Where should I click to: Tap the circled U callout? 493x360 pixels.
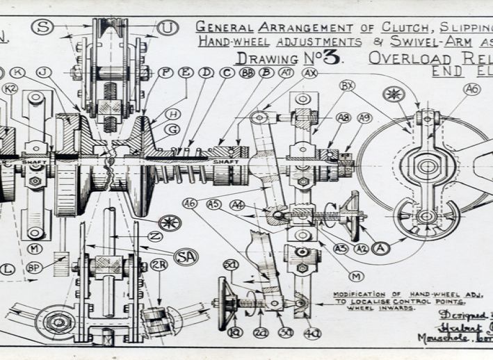click(168, 28)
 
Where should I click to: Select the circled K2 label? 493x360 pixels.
click(10, 88)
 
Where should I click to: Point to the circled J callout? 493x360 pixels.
click(44, 72)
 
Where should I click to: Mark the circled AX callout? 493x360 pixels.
click(310, 72)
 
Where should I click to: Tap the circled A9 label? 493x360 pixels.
click(364, 118)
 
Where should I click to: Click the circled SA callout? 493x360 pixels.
click(186, 256)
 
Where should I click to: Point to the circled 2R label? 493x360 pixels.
click(159, 265)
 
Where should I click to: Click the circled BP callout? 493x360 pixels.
click(34, 266)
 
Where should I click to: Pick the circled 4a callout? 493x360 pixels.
click(312, 332)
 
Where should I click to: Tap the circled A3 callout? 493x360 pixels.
click(341, 248)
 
